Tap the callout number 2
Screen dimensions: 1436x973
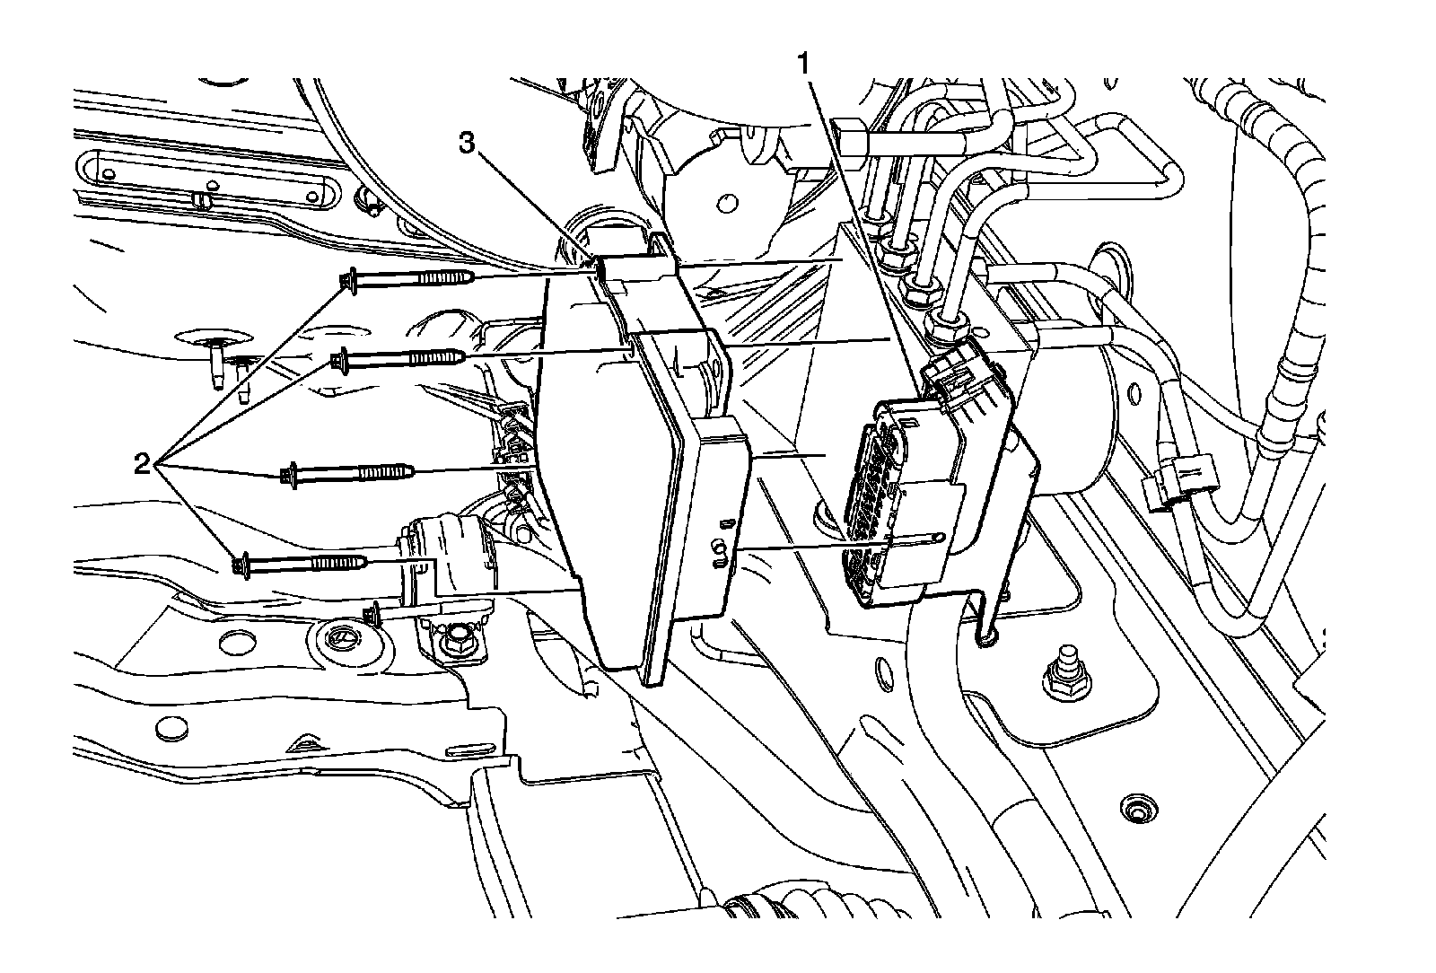tap(141, 463)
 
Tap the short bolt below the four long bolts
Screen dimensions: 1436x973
tap(374, 614)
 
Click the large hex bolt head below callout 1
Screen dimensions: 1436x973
tap(847, 135)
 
